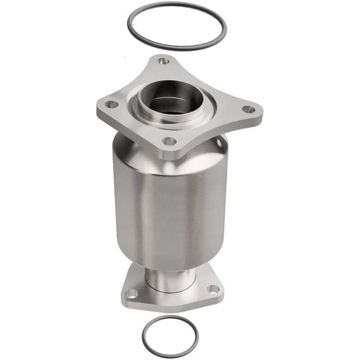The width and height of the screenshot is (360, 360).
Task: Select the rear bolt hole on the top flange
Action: point(163,61)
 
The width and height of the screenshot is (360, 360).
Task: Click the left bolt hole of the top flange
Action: point(111,105)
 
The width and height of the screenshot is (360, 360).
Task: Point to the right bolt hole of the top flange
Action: point(248,109)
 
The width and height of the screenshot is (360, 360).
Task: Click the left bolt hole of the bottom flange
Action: point(132,293)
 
